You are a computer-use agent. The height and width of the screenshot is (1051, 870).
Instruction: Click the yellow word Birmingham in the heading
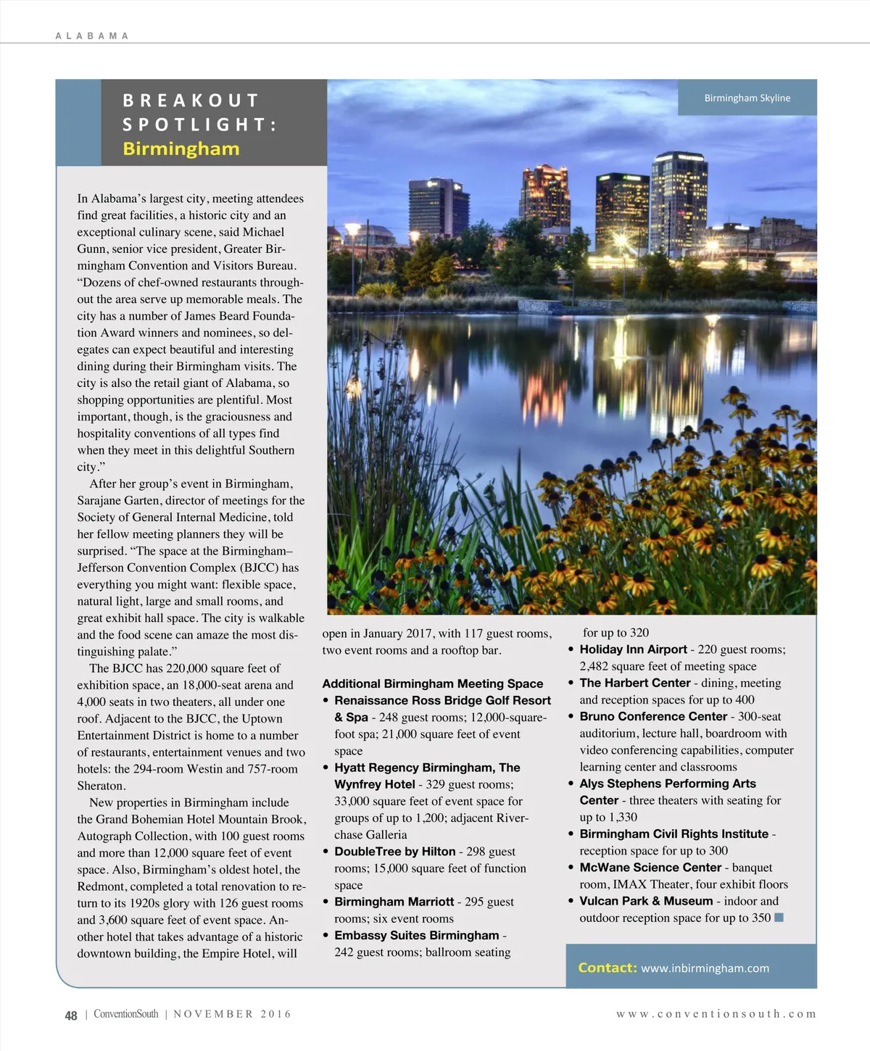[x=181, y=149]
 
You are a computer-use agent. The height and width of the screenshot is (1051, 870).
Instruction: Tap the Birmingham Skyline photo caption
[x=747, y=98]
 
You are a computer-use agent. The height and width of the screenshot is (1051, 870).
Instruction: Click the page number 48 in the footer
[x=71, y=1015]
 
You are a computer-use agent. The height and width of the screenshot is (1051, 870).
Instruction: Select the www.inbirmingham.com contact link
[x=705, y=968]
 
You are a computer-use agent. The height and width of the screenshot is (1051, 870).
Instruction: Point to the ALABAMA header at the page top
[x=92, y=36]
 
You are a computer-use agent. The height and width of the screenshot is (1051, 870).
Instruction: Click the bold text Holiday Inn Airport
[x=633, y=649]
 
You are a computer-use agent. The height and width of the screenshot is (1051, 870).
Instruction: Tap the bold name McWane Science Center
[x=650, y=868]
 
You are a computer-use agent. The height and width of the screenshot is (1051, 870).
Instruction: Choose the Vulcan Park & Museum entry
[x=646, y=901]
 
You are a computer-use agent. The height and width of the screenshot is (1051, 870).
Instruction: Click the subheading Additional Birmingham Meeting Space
[x=432, y=684]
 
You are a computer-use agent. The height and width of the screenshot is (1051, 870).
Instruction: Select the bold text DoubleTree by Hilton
[x=394, y=852]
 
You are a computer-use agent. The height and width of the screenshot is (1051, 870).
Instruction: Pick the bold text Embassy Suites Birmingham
[x=416, y=935]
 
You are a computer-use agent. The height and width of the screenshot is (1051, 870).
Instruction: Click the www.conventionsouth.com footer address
[x=716, y=1014]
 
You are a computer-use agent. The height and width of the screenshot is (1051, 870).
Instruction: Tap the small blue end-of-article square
[x=779, y=918]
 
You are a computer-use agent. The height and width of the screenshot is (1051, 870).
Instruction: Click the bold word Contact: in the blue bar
[x=607, y=968]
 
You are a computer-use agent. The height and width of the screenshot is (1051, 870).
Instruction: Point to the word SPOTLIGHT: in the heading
[x=199, y=125]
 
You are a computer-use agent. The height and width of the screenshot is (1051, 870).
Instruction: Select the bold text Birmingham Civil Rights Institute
[x=674, y=834]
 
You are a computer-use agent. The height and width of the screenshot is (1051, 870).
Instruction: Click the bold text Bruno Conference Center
[x=652, y=716]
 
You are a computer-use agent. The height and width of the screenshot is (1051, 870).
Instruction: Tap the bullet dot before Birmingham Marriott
[x=327, y=902]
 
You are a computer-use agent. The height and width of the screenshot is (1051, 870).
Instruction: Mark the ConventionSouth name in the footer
[x=125, y=1014]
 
